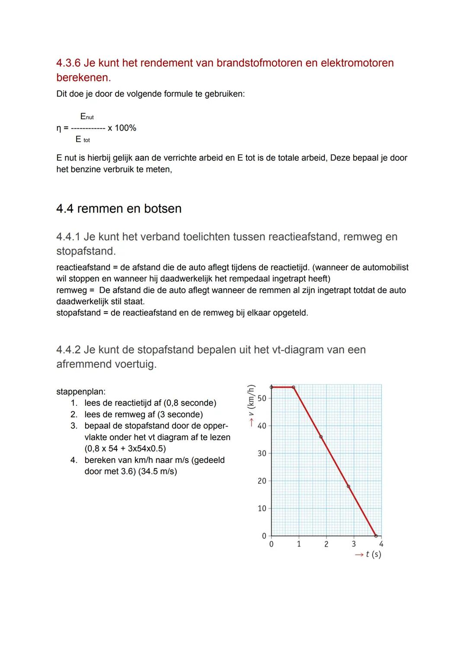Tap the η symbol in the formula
[x=59, y=128]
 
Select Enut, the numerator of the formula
[x=86, y=117]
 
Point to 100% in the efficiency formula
[x=125, y=128]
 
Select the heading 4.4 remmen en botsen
[x=119, y=209]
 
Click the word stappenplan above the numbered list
[x=81, y=392]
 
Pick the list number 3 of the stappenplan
[x=74, y=426]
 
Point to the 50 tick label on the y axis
[x=262, y=398]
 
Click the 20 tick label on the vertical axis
[x=262, y=481]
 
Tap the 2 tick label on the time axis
[x=326, y=544]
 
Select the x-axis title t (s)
[x=373, y=554]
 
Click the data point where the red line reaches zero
[x=375, y=536]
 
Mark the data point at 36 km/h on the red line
[x=320, y=437]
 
